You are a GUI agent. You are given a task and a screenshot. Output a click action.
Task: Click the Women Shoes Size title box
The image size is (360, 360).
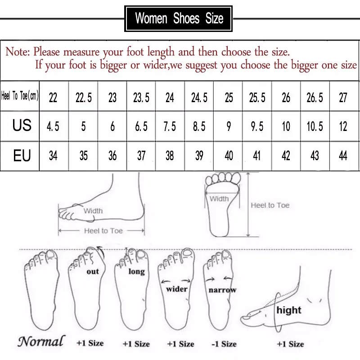179,18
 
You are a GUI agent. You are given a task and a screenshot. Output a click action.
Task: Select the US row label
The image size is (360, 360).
22,126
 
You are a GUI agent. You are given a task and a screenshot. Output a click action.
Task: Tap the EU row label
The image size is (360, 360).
22,156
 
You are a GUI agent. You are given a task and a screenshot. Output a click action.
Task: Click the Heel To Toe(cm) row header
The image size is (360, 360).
20,96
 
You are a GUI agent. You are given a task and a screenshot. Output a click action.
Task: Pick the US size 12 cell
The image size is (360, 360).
343,126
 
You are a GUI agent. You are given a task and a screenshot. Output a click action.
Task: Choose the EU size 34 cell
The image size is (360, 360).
53,156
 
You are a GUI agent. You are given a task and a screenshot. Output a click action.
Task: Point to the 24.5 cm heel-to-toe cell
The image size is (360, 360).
199,97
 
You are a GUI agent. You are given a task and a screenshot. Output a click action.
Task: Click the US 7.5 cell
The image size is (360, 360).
170,126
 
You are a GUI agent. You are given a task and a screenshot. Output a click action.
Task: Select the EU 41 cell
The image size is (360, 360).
257,156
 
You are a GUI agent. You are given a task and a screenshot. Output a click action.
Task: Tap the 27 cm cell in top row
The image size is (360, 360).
343,97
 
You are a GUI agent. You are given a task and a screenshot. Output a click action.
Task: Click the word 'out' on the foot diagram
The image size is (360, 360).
93,272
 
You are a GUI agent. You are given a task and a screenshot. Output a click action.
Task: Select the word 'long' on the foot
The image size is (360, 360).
136,271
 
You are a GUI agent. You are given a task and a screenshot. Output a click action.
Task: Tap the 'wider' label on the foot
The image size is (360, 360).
177,289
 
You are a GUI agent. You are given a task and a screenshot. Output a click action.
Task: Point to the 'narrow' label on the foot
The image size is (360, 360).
222,290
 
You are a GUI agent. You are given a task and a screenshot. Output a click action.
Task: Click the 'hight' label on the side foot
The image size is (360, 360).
289,310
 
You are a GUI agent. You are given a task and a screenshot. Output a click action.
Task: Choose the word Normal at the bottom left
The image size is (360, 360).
41,341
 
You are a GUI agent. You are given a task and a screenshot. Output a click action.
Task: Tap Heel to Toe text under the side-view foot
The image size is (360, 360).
103,230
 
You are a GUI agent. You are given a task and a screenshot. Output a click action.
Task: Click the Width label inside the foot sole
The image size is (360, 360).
220,198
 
